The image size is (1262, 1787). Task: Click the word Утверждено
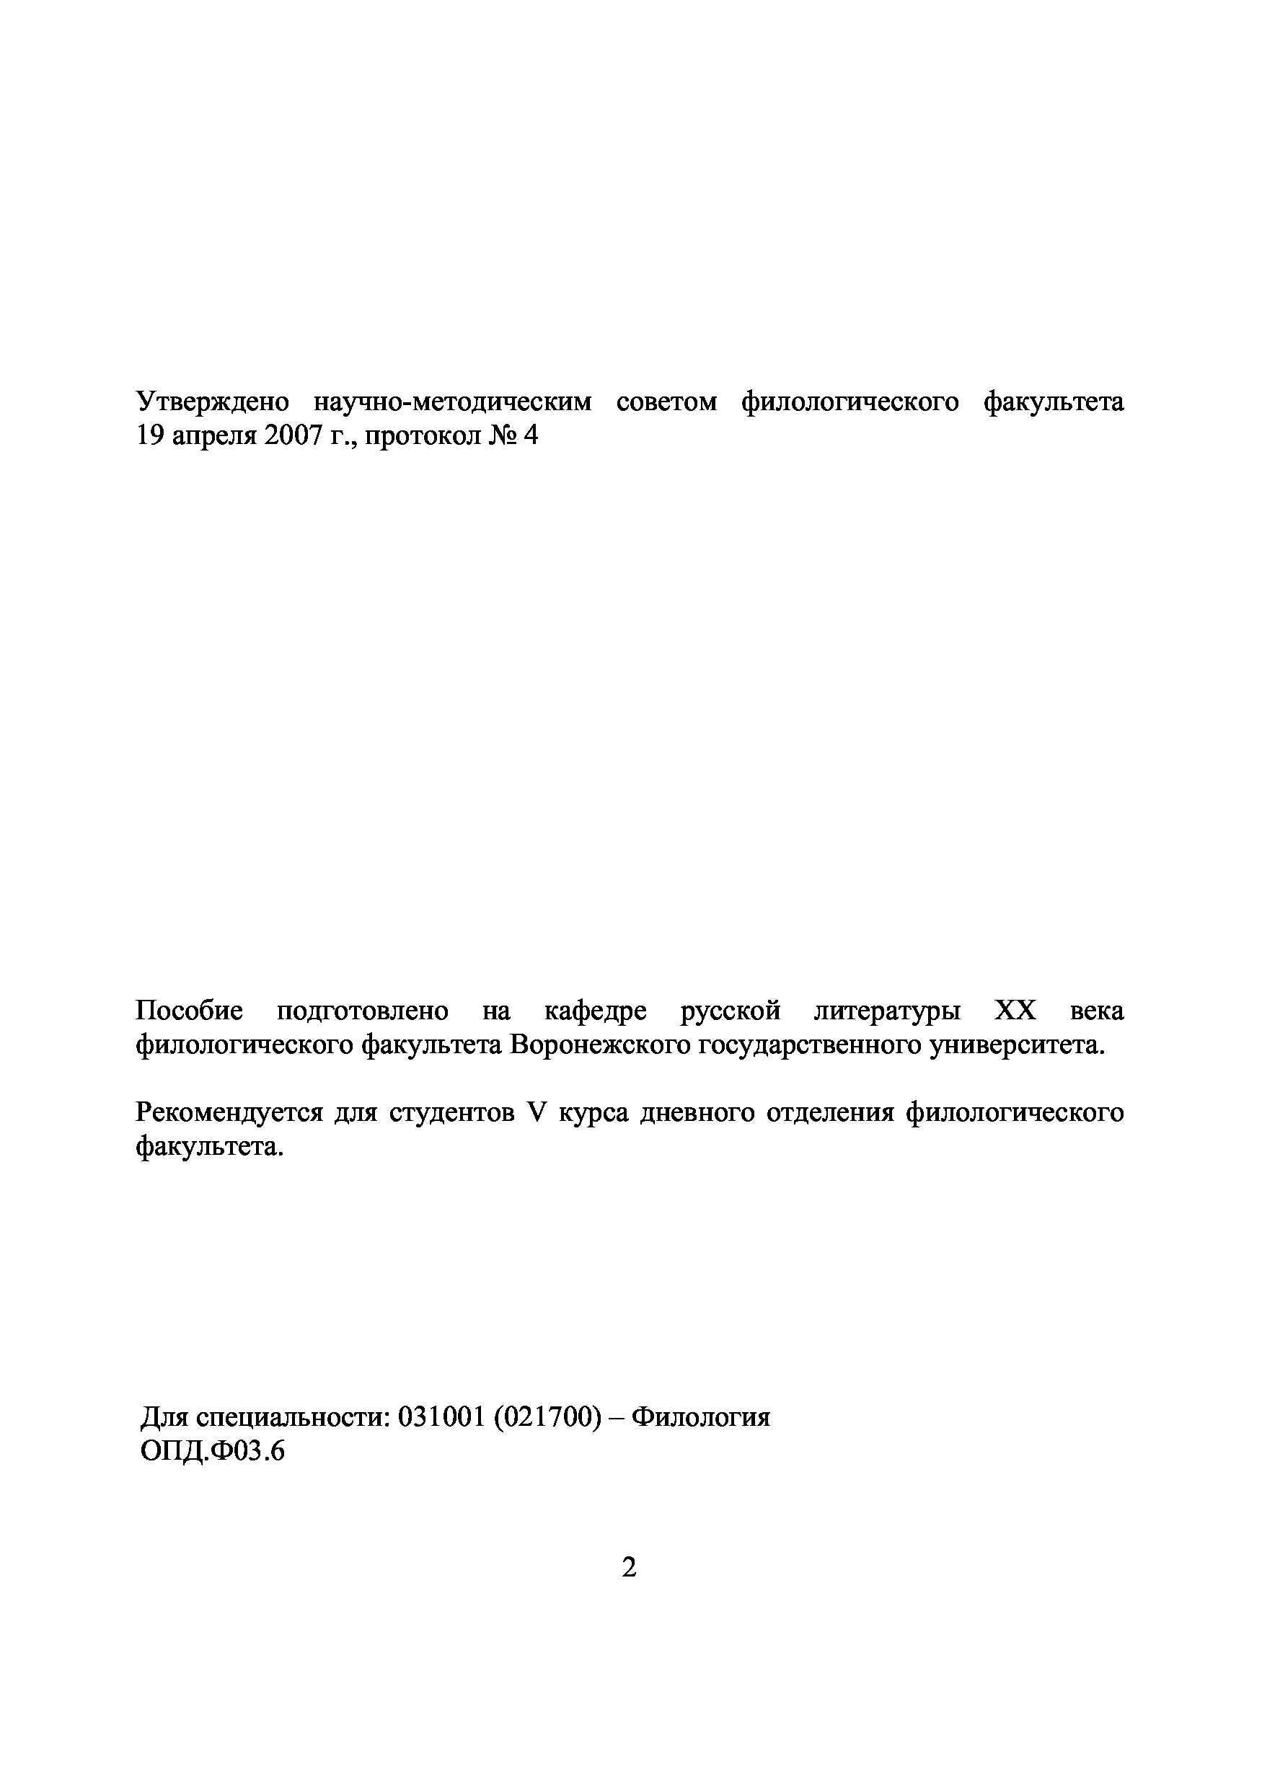[x=212, y=402]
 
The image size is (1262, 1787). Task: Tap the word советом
[x=666, y=402]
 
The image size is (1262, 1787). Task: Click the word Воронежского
[x=600, y=1045]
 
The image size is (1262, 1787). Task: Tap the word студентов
[x=451, y=1112]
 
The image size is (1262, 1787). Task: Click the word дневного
[x=696, y=1112]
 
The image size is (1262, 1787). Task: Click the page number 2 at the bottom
[x=629, y=1566]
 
